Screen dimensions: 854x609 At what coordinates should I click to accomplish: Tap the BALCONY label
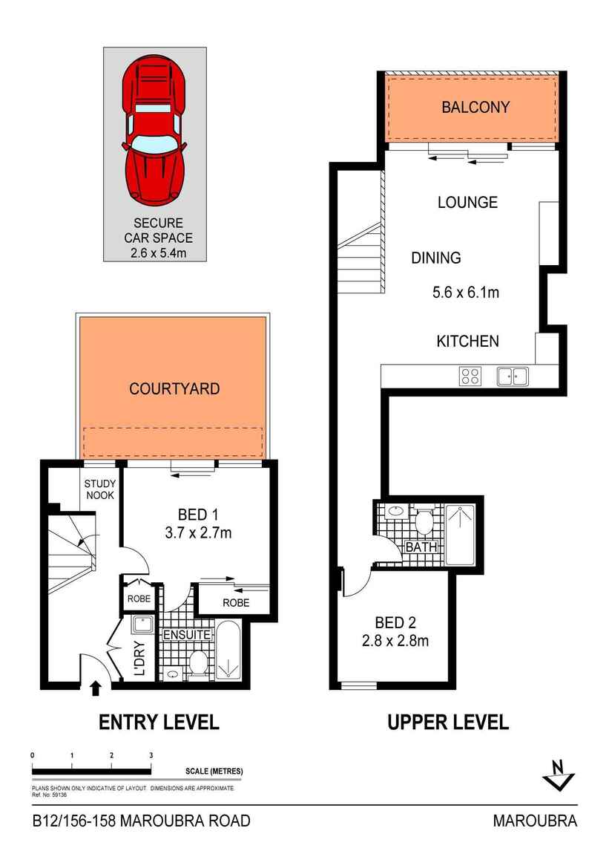point(475,107)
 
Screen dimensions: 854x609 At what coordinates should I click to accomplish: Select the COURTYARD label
point(174,388)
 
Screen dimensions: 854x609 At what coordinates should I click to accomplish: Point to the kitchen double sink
point(512,376)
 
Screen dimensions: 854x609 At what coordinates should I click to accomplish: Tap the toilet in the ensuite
point(198,662)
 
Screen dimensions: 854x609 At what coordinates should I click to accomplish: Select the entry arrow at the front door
point(95,688)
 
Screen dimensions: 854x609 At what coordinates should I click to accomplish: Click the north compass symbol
point(559,776)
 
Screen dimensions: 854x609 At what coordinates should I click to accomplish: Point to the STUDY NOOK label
point(99,489)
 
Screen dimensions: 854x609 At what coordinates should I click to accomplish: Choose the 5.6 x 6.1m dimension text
point(466,293)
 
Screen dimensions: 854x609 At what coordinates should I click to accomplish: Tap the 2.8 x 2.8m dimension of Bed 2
point(396,640)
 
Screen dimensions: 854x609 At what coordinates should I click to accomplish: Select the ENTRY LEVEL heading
point(159,721)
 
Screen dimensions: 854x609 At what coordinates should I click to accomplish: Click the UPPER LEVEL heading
point(448,721)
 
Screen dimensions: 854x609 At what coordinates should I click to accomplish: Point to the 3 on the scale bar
point(151,755)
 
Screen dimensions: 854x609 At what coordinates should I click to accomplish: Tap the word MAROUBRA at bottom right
point(535,821)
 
